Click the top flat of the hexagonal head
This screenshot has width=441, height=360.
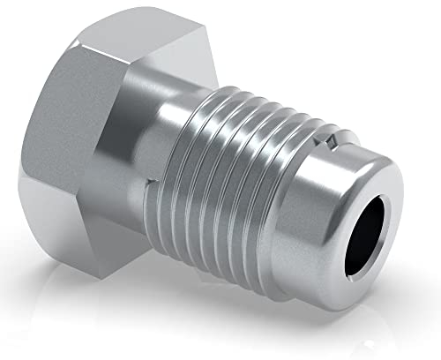141,31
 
